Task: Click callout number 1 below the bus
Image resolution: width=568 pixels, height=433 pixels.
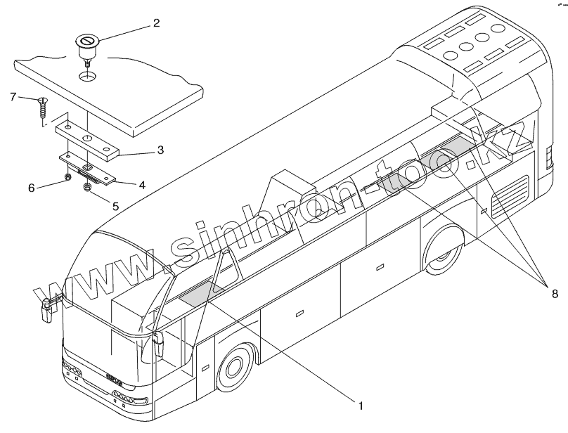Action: (x=360, y=405)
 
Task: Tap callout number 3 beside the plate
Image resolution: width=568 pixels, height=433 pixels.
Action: (x=160, y=150)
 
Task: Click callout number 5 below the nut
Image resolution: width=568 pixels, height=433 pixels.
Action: (x=115, y=207)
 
